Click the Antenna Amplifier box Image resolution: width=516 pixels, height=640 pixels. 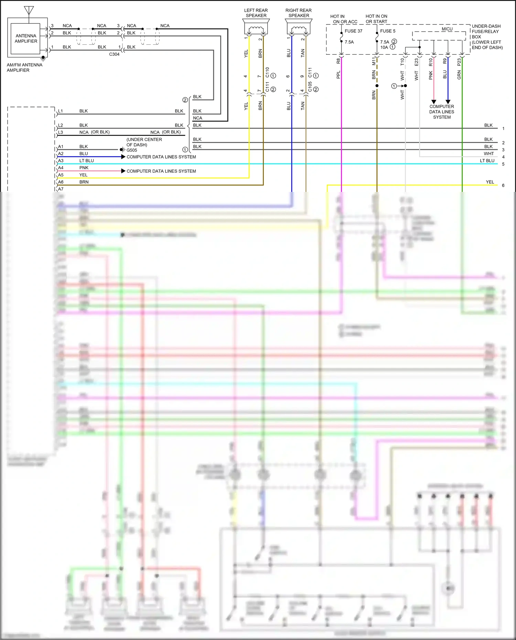[x=26, y=39]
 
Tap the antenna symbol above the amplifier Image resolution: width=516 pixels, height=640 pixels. [x=29, y=10]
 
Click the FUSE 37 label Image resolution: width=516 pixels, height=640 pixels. [x=353, y=31]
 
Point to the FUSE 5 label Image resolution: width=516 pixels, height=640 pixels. [x=388, y=31]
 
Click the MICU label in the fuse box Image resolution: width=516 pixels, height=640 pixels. [x=447, y=29]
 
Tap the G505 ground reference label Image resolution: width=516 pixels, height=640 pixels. [x=132, y=150]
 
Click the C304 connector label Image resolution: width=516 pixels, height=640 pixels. [x=114, y=54]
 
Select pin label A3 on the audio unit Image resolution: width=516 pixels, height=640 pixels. [x=61, y=161]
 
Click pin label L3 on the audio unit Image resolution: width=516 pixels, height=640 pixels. [x=61, y=132]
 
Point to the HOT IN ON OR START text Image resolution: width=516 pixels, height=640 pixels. [x=376, y=19]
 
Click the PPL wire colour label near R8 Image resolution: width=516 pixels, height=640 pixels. [x=338, y=75]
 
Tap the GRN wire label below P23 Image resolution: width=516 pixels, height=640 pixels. [x=459, y=75]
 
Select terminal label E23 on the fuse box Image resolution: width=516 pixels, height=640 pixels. [x=416, y=62]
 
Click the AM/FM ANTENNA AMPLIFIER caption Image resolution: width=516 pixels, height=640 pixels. [x=24, y=67]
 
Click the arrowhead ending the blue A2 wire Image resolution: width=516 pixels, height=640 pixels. [x=123, y=157]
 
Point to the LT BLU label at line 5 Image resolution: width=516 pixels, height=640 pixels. [x=487, y=161]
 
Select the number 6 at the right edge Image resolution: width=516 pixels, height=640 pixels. [x=503, y=185]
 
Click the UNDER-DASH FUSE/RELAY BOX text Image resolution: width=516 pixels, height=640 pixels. [x=487, y=37]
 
